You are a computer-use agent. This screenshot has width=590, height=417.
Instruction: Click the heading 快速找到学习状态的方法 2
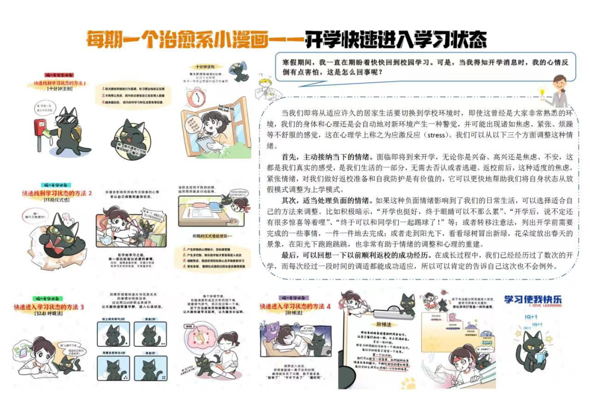[57, 193]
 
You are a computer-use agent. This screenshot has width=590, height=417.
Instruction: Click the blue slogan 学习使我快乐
[532, 299]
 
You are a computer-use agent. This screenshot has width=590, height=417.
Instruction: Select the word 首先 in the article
[290, 156]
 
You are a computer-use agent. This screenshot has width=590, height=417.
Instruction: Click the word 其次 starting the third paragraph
[290, 200]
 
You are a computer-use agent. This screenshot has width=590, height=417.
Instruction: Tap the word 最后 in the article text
[290, 255]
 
